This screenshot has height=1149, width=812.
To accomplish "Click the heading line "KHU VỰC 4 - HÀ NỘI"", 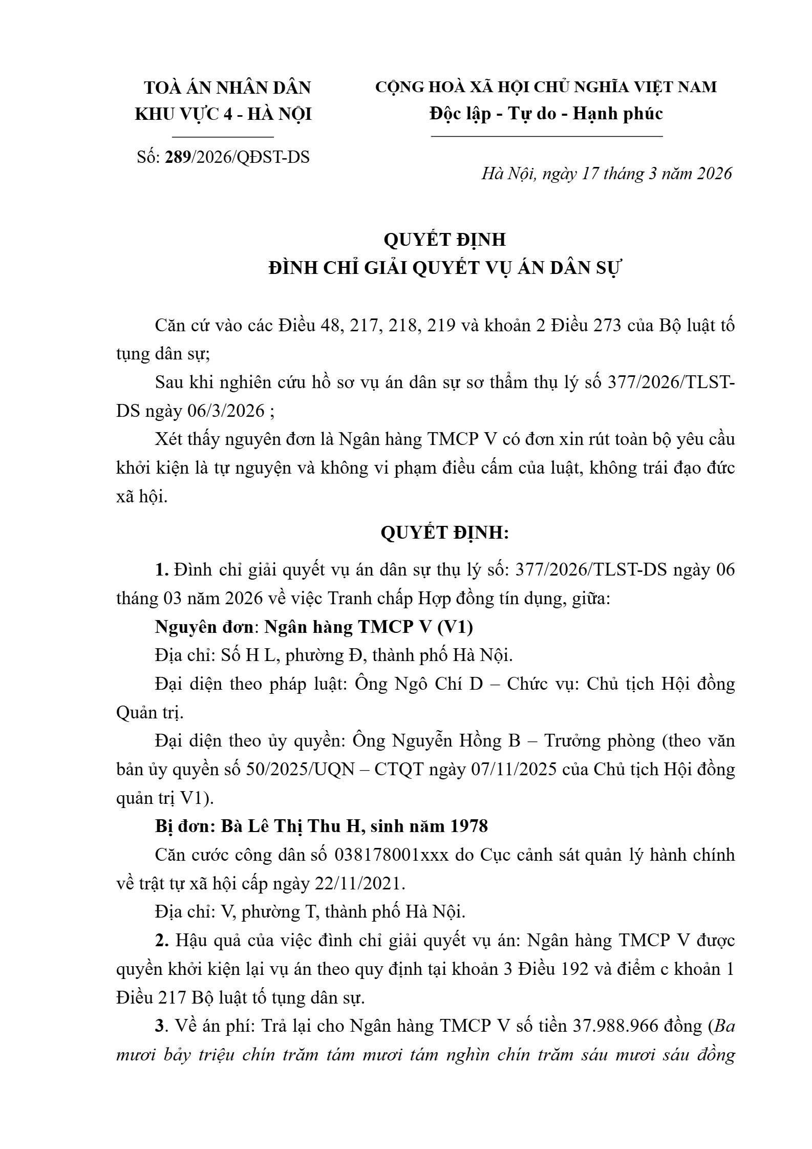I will pos(223,114).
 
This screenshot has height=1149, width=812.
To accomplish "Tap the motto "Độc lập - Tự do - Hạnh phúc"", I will pos(546,113).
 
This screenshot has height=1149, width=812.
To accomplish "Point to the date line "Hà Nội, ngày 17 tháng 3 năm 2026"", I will pos(607,174).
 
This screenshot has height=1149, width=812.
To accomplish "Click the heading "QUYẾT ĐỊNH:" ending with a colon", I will pos(444,533).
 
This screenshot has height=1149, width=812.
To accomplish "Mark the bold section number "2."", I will pos(162,941).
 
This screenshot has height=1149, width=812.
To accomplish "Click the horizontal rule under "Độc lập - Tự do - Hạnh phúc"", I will pos(547,137).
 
